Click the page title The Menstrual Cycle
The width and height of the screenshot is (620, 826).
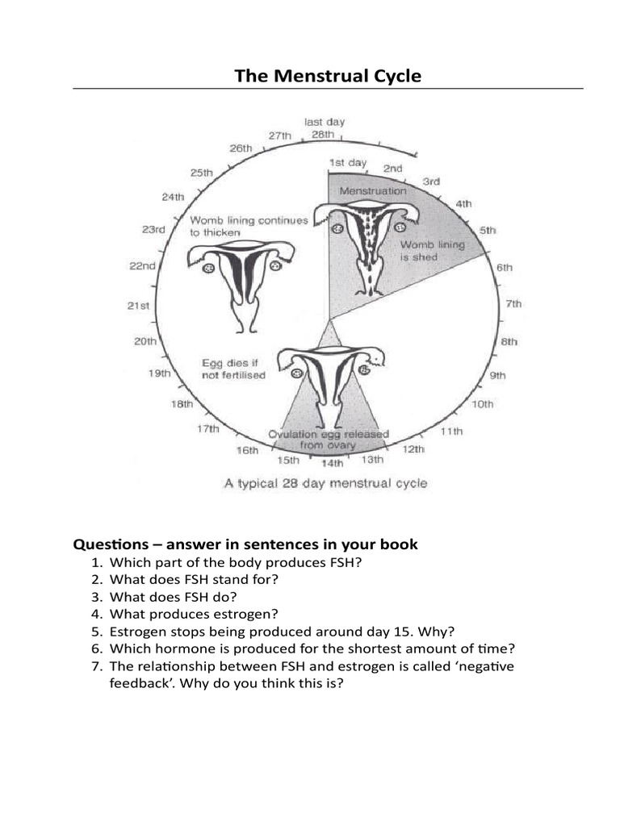click(328, 77)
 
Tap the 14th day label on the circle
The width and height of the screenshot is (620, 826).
click(332, 464)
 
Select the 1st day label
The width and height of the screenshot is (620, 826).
click(347, 162)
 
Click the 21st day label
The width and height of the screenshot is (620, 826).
click(139, 305)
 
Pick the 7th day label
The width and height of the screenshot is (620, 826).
click(513, 303)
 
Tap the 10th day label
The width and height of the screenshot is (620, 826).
click(482, 403)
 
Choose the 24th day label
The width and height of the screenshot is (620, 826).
click(174, 196)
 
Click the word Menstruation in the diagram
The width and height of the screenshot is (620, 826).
click(373, 191)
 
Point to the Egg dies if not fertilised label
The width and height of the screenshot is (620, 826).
click(233, 369)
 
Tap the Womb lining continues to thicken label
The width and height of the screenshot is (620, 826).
click(249, 226)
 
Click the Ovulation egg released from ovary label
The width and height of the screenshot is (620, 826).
click(329, 439)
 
